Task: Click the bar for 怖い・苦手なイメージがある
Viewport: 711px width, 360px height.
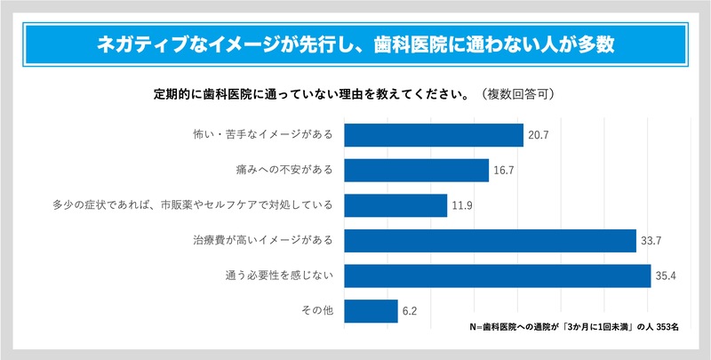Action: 433,135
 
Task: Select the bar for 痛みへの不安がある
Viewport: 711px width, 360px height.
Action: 416,170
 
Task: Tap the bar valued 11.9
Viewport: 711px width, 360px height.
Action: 395,205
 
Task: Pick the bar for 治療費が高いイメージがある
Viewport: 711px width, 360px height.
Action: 490,241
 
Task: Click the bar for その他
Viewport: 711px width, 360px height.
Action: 370,311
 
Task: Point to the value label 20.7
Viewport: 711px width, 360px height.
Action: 539,135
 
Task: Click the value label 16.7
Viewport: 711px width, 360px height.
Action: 504,170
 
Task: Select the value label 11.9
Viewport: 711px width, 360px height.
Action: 462,205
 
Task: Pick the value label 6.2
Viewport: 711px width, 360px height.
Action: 410,311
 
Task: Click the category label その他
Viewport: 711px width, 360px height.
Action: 316,311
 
